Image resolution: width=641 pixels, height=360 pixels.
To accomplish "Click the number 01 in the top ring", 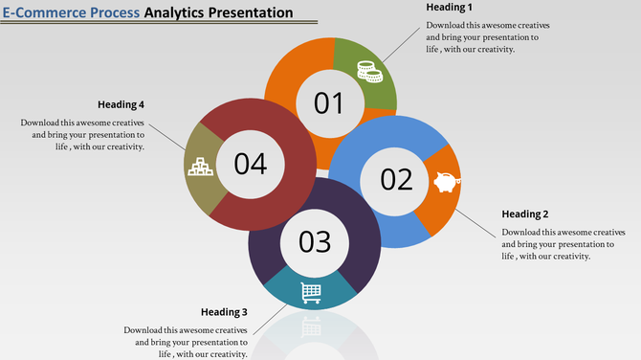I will coord(329,102).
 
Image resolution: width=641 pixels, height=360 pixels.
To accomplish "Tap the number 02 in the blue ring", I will coord(396,179).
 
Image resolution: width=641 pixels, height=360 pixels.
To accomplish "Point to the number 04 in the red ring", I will coord(251,164).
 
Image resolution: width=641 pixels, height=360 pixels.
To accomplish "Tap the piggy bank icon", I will coord(446,182).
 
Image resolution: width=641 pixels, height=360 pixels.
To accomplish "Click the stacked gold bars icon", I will coord(200,168).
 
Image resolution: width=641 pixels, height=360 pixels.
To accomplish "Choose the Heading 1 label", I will coord(450,8).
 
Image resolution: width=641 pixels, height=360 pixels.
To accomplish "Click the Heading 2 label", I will coord(525,214).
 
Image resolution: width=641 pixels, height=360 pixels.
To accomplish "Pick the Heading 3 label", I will coord(224,312).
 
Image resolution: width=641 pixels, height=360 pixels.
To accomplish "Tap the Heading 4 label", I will coord(121,104).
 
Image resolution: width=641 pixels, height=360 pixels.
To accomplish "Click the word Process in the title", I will coord(106,13).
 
